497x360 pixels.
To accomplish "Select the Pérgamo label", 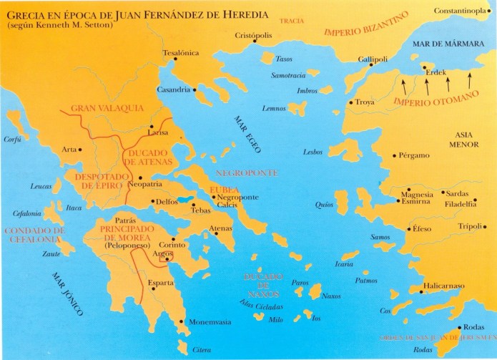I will coord(418,155).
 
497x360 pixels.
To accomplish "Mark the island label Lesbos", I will coord(313,152).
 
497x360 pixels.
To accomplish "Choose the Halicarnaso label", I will coord(448,286).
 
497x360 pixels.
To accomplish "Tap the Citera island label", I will coord(203,350).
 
